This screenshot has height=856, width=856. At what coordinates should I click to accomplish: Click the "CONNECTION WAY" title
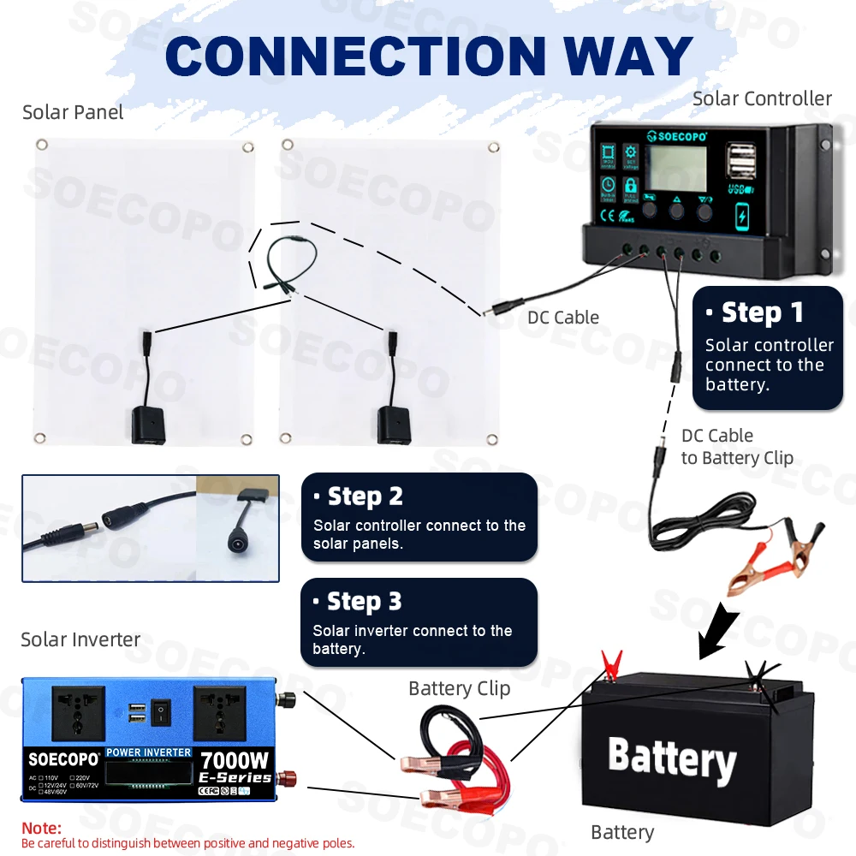click(x=428, y=56)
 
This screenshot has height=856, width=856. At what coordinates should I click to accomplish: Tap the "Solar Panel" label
click(x=73, y=112)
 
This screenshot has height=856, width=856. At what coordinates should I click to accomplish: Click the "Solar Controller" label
click(x=762, y=98)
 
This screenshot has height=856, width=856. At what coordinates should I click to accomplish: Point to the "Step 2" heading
click(x=365, y=496)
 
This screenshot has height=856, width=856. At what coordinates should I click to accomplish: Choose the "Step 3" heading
click(x=364, y=602)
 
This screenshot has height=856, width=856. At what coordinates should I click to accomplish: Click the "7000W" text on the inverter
click(x=235, y=759)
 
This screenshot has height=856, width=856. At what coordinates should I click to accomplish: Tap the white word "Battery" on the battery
click(x=672, y=758)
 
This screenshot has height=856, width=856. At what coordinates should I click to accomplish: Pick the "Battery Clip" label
click(x=459, y=688)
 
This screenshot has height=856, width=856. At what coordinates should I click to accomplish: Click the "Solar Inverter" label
click(x=80, y=639)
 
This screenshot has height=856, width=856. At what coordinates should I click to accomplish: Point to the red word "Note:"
click(x=41, y=829)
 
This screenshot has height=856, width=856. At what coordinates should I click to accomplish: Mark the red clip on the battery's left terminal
click(x=610, y=663)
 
